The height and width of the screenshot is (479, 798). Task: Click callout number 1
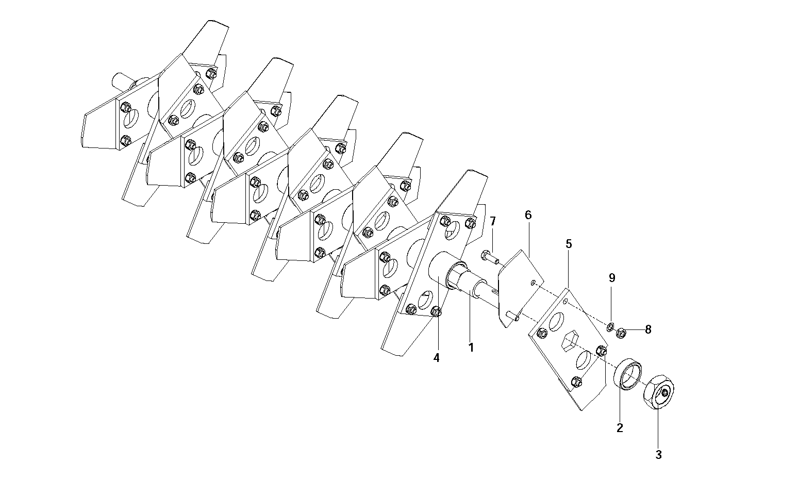(x=471, y=348)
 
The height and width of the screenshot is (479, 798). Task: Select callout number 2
(x=620, y=427)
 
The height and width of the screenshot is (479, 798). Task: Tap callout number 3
(x=658, y=455)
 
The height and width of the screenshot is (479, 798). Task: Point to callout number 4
(x=437, y=358)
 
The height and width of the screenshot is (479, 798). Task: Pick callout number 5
(x=569, y=244)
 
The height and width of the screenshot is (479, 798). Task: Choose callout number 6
(x=528, y=215)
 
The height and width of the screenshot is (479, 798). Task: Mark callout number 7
(x=493, y=221)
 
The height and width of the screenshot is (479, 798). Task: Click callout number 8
(x=648, y=329)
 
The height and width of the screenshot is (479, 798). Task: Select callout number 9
(x=612, y=277)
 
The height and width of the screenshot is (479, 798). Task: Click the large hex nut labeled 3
(x=659, y=392)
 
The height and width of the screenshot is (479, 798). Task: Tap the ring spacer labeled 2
(x=628, y=374)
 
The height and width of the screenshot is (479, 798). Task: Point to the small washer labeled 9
(x=610, y=326)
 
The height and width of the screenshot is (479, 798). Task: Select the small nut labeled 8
(x=621, y=333)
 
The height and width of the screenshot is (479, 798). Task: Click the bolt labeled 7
(x=490, y=257)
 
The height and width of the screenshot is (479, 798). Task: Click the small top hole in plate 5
(x=565, y=302)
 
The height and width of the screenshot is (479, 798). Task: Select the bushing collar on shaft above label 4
(x=458, y=275)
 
